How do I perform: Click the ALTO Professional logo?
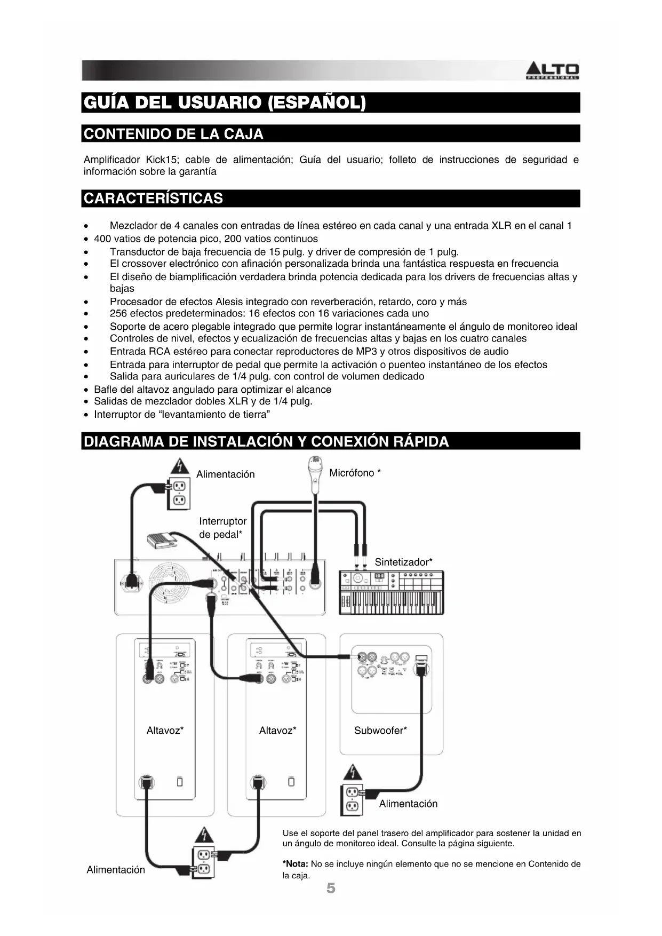553,71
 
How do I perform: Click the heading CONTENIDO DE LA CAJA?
174,134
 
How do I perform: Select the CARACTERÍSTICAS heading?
154,199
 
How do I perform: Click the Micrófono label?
355,473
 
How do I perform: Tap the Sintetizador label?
403,562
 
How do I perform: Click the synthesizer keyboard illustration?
392,592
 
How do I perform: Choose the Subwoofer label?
380,731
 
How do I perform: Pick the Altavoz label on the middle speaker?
278,731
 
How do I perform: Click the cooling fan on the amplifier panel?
169,583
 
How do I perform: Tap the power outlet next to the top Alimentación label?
179,493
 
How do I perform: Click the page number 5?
331,889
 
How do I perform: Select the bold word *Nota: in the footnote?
295,864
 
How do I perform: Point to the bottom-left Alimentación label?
116,870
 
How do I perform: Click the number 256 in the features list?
118,313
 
